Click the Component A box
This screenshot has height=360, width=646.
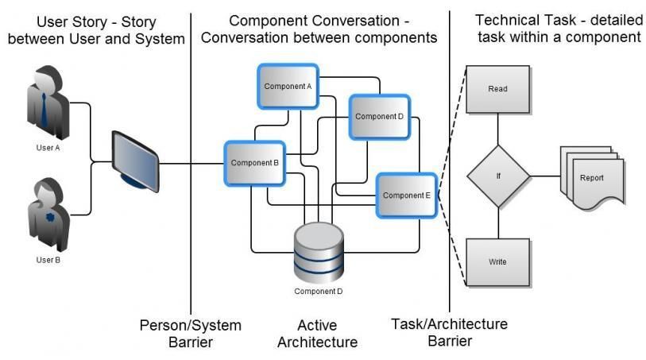click(288, 86)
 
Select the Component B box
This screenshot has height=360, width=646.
click(254, 163)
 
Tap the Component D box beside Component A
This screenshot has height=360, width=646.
click(379, 117)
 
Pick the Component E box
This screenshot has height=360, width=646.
click(406, 195)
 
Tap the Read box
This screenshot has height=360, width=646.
click(497, 89)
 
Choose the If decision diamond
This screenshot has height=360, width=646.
click(497, 176)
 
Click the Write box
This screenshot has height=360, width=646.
click(497, 261)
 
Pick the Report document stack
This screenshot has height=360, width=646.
click(590, 178)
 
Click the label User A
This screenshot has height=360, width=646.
click(48, 148)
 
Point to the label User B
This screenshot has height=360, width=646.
click(48, 260)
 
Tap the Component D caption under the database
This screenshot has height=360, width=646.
click(318, 291)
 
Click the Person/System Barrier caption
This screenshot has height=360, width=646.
click(190, 334)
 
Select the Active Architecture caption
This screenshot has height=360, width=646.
click(317, 334)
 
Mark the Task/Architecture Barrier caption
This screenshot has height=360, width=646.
click(449, 332)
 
